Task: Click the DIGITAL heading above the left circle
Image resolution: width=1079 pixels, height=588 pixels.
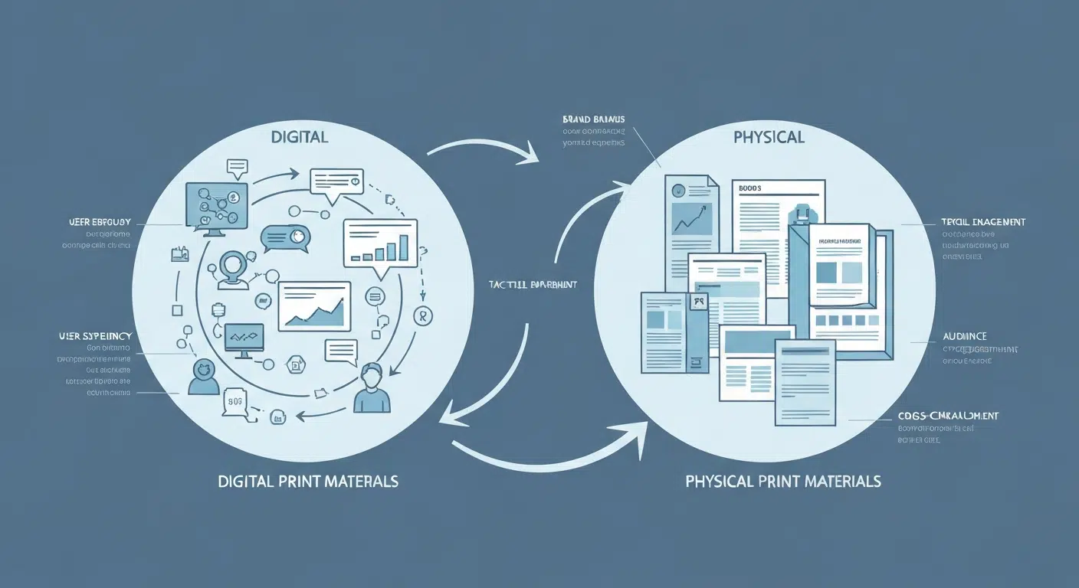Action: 300,138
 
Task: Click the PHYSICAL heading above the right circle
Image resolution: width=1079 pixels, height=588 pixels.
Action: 769,138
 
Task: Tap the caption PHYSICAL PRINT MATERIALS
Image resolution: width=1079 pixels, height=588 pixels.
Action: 782,482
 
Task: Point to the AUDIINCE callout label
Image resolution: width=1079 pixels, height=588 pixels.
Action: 964,336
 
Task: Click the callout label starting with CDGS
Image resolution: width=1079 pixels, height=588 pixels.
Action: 948,416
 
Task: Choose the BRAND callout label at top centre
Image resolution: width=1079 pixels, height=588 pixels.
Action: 593,119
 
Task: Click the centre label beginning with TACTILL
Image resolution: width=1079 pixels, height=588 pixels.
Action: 532,285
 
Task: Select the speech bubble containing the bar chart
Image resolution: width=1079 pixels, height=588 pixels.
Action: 380,243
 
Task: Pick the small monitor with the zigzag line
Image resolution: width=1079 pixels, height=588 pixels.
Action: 244,338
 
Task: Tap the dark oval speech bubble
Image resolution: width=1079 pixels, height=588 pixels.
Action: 284,237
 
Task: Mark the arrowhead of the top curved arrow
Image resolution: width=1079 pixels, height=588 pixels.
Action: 530,158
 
